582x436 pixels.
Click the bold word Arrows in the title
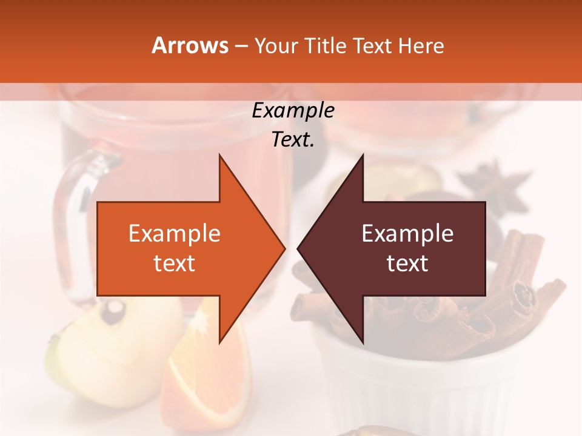click(190, 45)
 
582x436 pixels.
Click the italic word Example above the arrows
click(293, 111)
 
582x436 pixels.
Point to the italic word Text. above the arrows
click(293, 139)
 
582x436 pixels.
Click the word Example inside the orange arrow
click(175, 234)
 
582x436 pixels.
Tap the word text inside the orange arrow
click(175, 263)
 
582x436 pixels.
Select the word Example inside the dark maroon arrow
click(407, 234)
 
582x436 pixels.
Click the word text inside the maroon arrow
click(407, 263)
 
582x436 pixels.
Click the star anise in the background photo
click(492, 187)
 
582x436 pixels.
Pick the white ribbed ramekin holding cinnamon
click(424, 388)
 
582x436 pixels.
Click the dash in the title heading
click(241, 46)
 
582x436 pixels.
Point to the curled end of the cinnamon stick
click(525, 294)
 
